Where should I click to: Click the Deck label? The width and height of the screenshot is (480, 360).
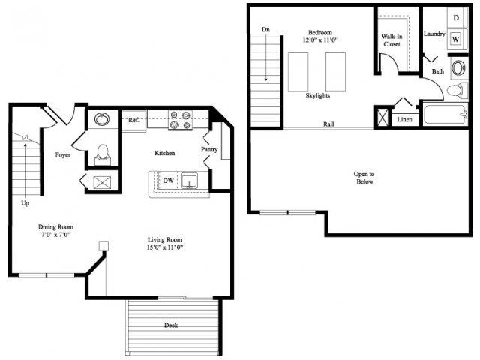172,325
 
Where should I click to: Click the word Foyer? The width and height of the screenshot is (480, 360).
63,155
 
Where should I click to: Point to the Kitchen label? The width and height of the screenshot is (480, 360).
165,153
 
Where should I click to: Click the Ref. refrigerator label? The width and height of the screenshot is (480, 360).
133,120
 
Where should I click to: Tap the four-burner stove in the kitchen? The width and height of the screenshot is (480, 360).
181,120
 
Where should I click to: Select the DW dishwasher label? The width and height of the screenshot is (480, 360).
169,180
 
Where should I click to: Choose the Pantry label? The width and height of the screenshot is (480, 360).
209,149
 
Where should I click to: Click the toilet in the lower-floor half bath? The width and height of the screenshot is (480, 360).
103,153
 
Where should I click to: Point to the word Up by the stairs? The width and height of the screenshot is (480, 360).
26,202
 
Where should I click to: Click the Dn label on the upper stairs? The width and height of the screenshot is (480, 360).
265,30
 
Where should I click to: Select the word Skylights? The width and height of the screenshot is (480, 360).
318,96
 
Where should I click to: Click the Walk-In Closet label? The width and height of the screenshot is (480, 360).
392,40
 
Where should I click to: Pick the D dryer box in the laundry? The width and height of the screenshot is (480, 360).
455,17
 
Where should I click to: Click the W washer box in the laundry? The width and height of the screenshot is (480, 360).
455,40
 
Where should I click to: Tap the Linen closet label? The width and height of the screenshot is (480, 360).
405,119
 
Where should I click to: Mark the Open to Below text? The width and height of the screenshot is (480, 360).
364,178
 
